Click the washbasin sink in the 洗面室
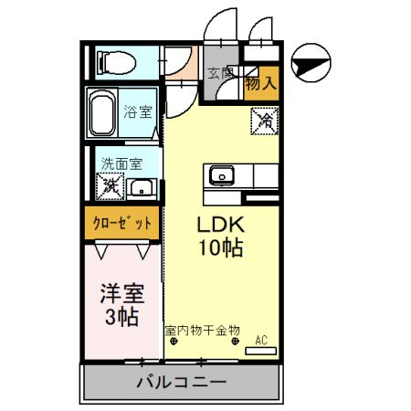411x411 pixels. click(x=141, y=189)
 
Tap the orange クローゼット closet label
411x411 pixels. click(x=122, y=222)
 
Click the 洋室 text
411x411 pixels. click(x=121, y=295)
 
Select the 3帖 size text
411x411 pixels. click(x=121, y=318)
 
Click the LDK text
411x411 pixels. click(x=220, y=225)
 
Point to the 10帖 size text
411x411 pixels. click(x=220, y=248)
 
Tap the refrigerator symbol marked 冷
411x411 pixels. click(x=265, y=120)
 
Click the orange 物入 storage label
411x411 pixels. click(x=262, y=83)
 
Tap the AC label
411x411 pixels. click(x=261, y=341)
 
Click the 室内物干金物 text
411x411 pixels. click(x=202, y=330)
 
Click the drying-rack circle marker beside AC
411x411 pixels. click(x=237, y=342)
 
